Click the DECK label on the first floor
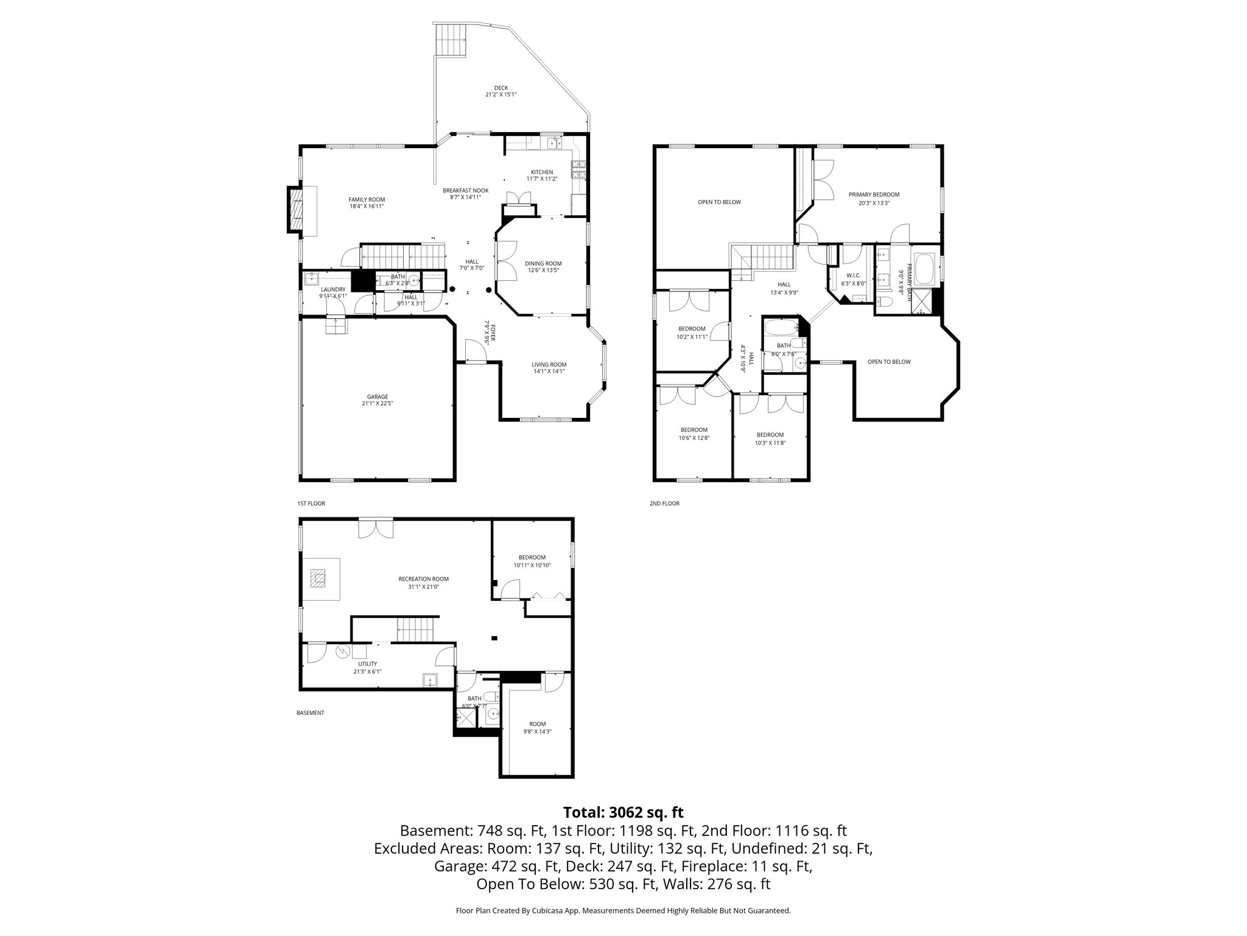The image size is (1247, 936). pos(501,88)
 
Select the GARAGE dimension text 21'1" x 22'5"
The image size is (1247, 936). pos(377,403)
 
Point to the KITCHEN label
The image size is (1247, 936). pos(541,172)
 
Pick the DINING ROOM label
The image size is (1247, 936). pos(543,263)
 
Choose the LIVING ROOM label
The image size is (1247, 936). pos(549,364)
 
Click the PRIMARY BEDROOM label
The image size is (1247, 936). pos(874,195)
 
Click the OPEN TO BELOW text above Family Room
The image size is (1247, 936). pos(719,202)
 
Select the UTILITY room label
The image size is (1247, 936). pos(367,664)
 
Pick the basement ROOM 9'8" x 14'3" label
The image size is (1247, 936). pos(537,724)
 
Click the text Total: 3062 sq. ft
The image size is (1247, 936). pos(623,812)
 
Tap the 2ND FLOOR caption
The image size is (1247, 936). pos(664,503)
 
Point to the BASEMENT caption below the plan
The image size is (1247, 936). pos(310,712)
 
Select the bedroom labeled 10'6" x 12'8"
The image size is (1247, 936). pos(694,430)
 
